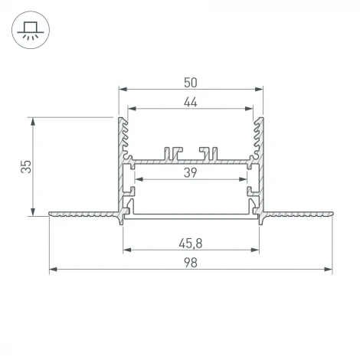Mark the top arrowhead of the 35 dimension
click(x=32, y=121)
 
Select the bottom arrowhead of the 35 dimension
click(x=32, y=212)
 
